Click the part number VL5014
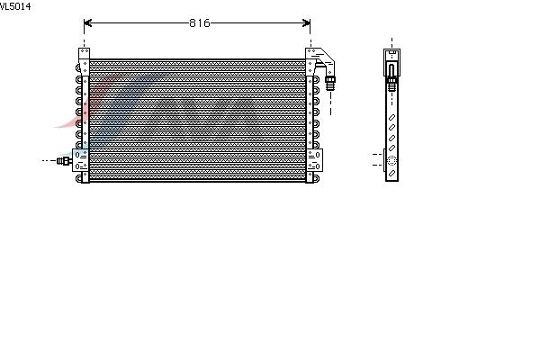click(x=15, y=6)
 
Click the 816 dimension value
click(x=200, y=23)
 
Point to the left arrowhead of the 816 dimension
click(x=87, y=23)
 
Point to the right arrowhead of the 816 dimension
click(x=306, y=23)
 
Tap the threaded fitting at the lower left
click(x=64, y=160)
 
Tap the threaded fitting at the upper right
click(x=330, y=84)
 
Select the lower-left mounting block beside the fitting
click(x=80, y=160)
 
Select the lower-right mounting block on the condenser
click(x=314, y=160)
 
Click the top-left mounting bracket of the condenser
click(x=84, y=61)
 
